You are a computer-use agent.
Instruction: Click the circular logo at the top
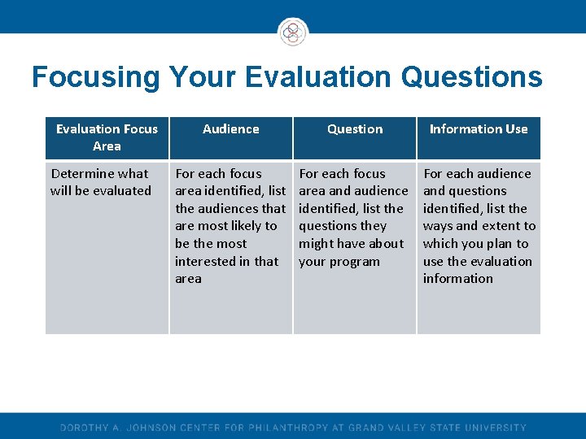293,33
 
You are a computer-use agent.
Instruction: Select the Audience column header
231,129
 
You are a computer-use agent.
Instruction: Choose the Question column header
355,129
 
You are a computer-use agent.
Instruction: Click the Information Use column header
479,129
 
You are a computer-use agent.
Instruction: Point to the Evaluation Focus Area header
107,137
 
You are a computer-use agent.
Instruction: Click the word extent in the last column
500,226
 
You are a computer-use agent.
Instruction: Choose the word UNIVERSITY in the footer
496,428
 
